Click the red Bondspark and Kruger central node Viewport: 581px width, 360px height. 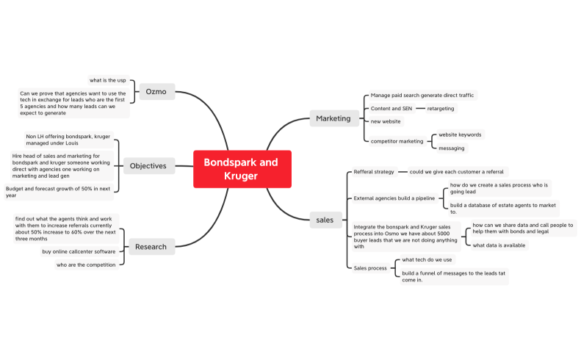tap(242, 168)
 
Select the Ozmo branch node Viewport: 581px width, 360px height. tap(156, 92)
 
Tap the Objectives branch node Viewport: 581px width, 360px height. tap(148, 165)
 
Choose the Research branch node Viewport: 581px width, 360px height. tap(151, 247)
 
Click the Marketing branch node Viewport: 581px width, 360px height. tap(333, 118)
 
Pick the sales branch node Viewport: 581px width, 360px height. tap(324, 219)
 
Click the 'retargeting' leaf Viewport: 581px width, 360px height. tap(440, 109)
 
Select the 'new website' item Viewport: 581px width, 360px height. tap(386, 121)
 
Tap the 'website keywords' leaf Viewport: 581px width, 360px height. tap(459, 135)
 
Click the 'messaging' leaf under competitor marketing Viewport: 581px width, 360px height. tap(451, 148)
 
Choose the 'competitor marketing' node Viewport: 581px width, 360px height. tap(397, 141)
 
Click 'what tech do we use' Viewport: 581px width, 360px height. tap(427, 259)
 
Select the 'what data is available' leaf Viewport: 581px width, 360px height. tap(499, 245)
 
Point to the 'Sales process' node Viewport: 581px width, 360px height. tap(370, 268)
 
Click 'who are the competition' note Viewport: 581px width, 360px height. tap(86, 264)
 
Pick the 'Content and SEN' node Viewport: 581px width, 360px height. tap(391, 109)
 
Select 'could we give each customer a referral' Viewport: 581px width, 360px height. tap(456, 171)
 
